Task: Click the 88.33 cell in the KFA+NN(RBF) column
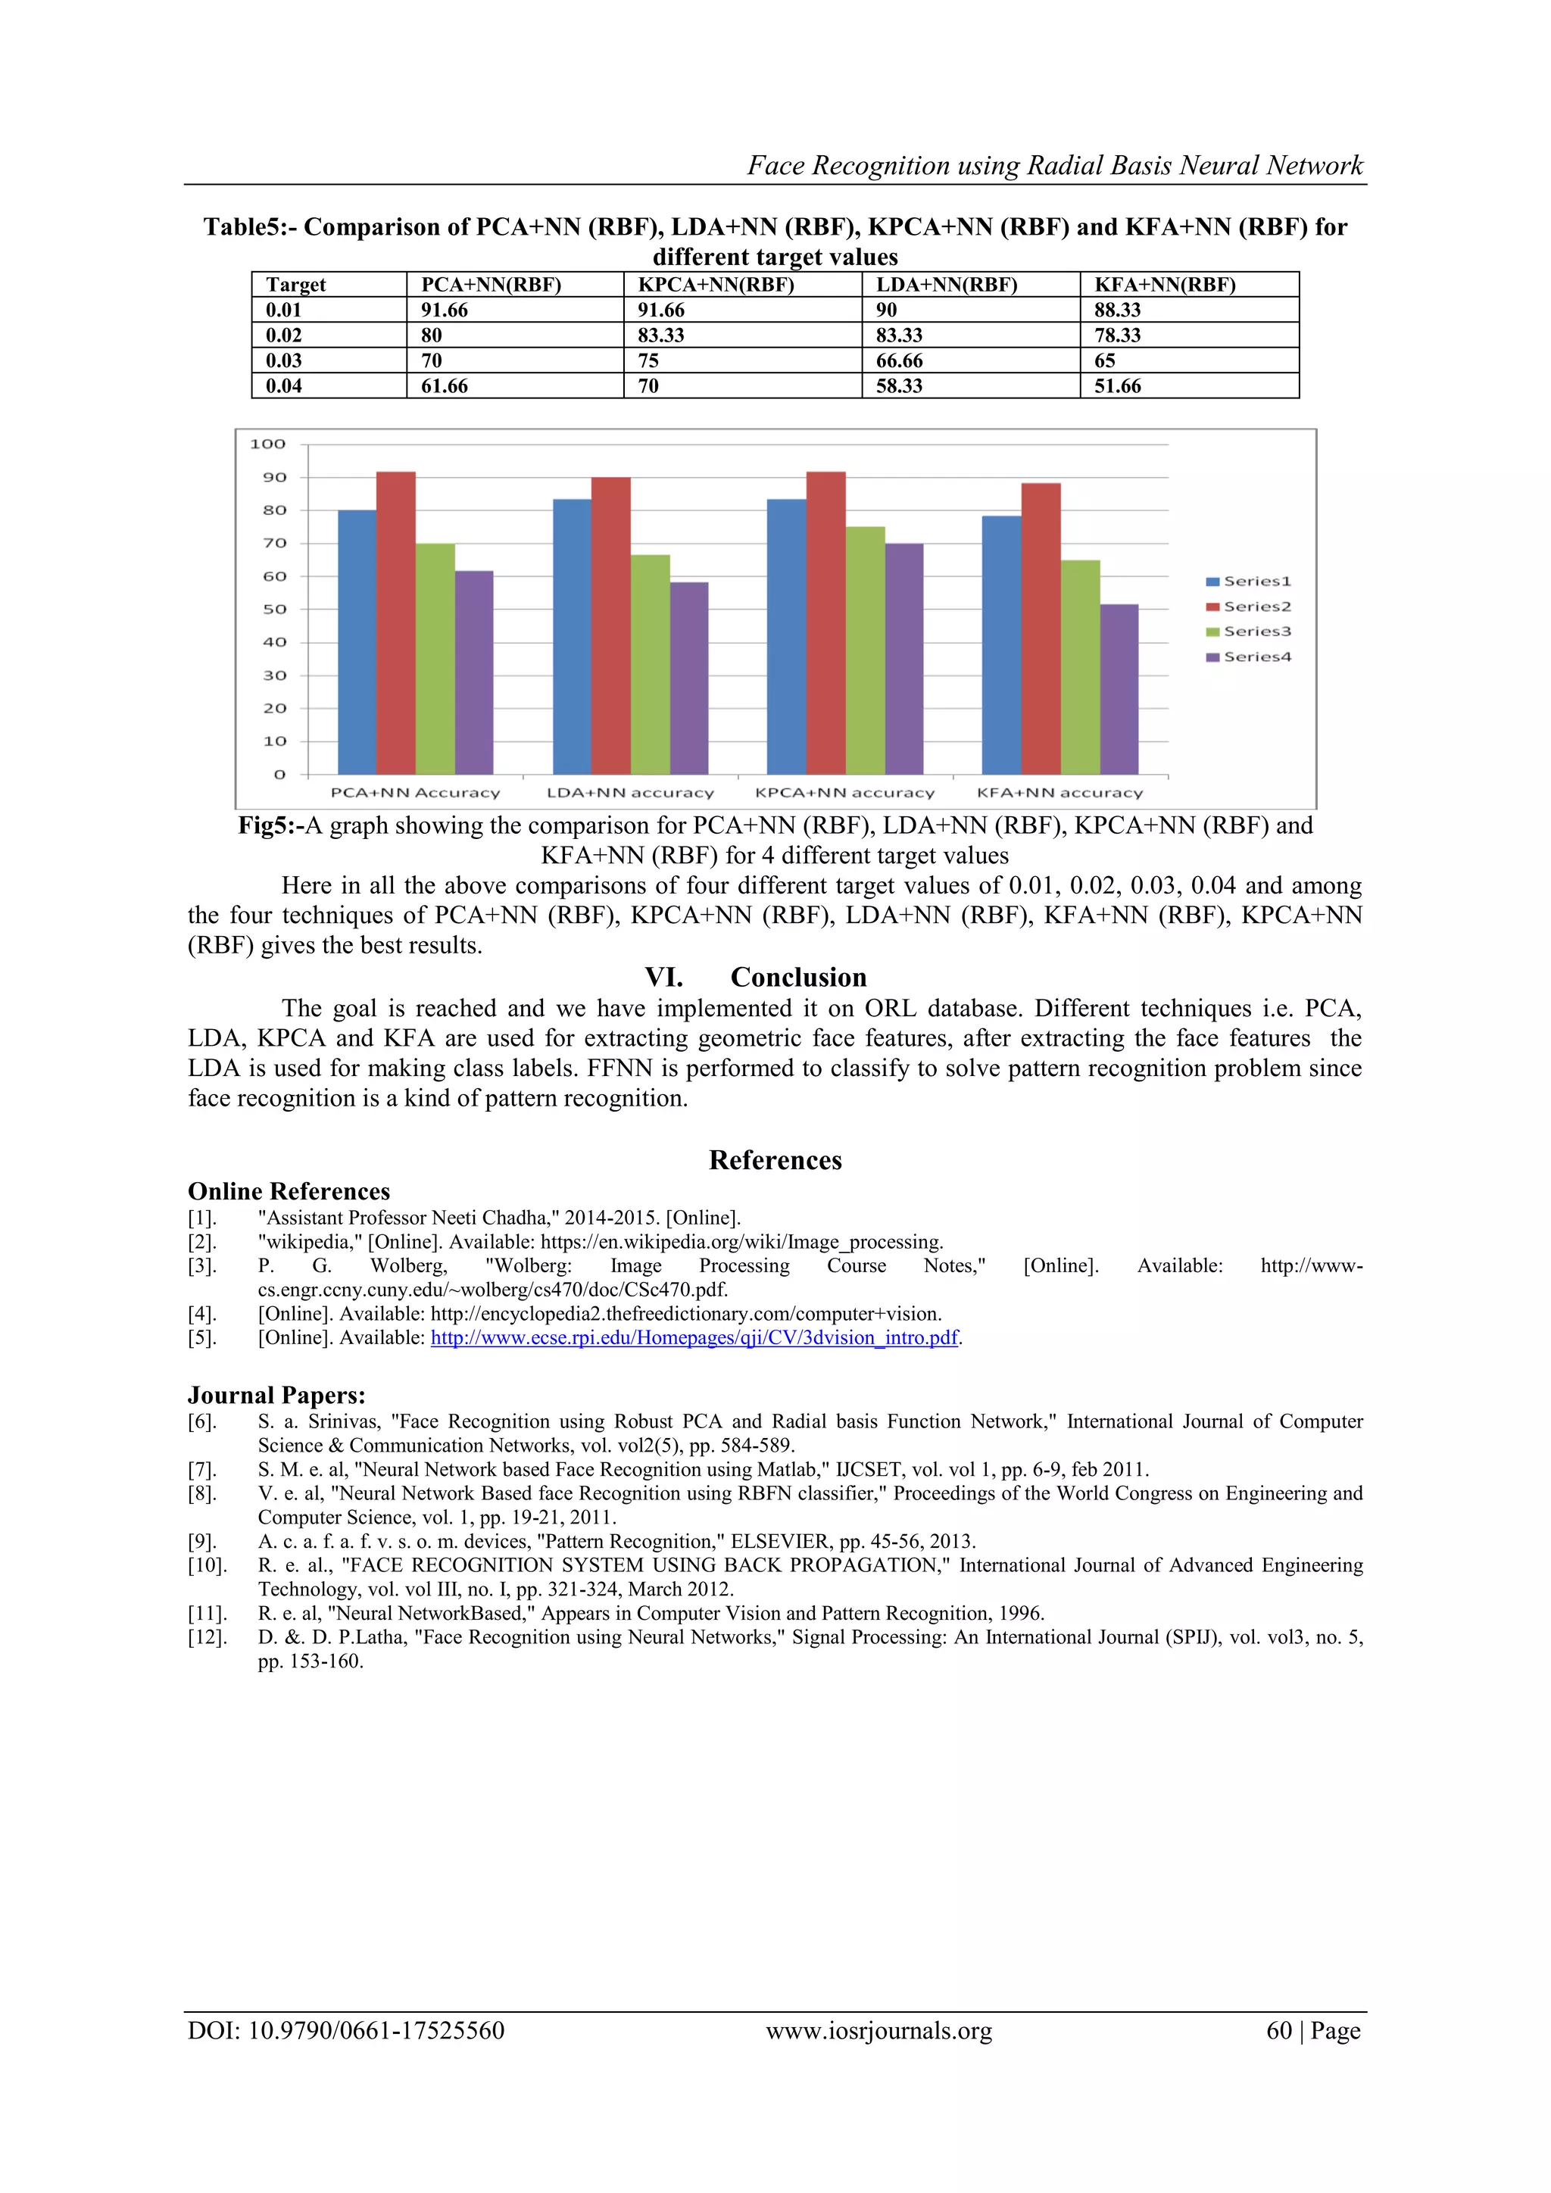pos(1117,310)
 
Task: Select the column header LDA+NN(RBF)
pos(947,285)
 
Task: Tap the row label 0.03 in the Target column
pos(284,360)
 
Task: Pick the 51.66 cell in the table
pos(1117,386)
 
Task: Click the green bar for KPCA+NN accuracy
pos(866,650)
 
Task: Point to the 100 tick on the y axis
pos(268,445)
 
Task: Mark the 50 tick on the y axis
pos(274,610)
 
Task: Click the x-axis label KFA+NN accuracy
pos(1059,793)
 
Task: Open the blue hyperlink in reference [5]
pos(694,1337)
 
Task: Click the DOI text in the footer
pos(346,2031)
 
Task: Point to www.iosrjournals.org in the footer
pos(878,2031)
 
